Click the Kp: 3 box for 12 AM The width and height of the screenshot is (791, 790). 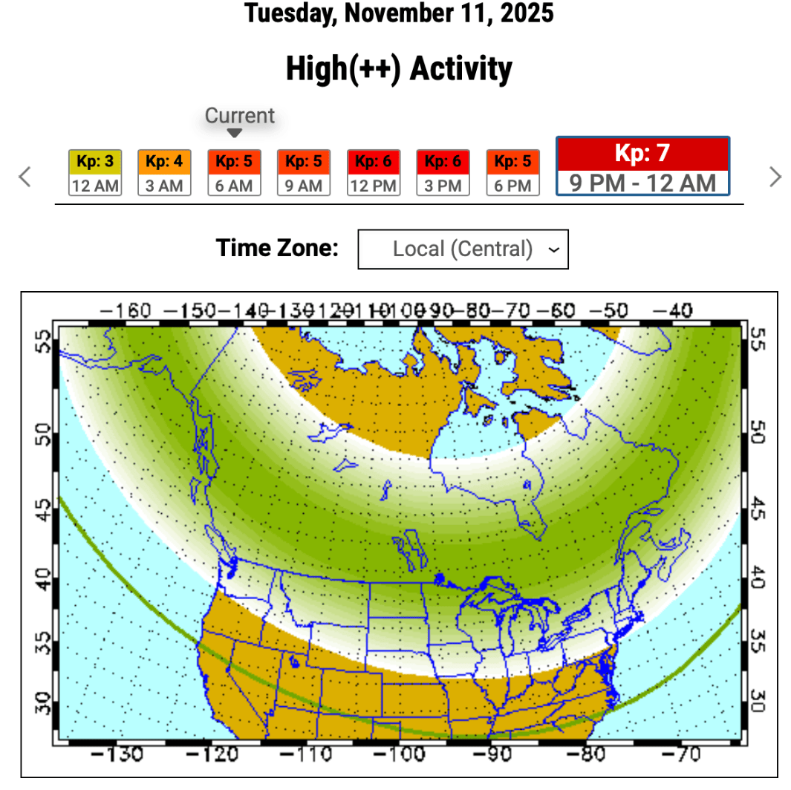[95, 172]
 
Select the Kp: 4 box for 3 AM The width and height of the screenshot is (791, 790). [164, 172]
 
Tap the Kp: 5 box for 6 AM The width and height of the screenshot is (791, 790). [234, 172]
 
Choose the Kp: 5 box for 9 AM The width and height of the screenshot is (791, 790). [303, 172]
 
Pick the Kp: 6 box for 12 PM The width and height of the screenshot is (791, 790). [373, 172]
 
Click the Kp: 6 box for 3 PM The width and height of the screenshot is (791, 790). [443, 172]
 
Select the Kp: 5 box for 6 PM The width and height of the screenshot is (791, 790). [512, 172]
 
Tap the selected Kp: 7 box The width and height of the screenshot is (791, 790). [642, 166]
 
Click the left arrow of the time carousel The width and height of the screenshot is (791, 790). [25, 177]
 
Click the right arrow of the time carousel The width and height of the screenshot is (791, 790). [775, 177]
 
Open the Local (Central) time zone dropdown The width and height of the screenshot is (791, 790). [463, 249]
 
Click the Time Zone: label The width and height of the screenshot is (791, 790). [277, 248]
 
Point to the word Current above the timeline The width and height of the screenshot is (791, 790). [239, 116]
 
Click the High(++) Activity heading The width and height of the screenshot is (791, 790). [399, 70]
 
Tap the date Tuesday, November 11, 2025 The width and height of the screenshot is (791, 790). [399, 13]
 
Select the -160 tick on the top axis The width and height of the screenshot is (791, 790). [126, 310]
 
